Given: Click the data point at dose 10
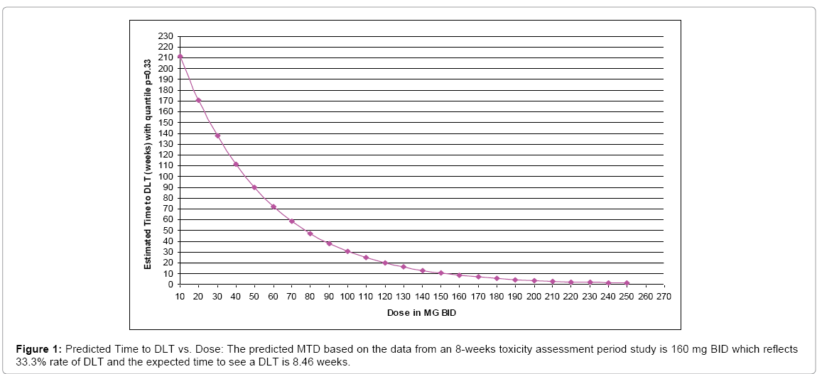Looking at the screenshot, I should tap(180, 56).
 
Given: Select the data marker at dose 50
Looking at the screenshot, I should tap(254, 187).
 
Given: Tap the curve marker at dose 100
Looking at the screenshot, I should tap(347, 251).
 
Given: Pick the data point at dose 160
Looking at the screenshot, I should tap(460, 275).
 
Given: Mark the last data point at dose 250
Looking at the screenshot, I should tap(627, 283).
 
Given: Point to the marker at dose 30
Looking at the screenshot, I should tap(217, 136).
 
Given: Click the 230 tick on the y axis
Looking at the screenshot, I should tap(165, 35).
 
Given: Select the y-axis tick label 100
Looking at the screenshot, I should tap(165, 176).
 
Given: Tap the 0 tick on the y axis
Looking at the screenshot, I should tap(170, 285).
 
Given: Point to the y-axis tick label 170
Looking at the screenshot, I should tap(165, 101).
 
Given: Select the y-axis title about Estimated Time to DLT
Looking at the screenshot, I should tap(148, 164).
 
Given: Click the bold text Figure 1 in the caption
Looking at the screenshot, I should tap(36, 350).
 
